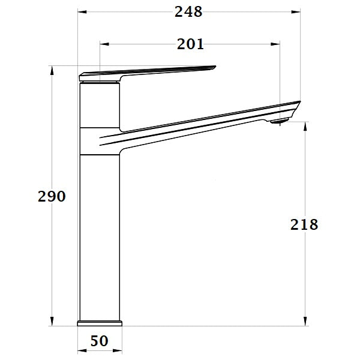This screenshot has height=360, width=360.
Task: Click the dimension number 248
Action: (189, 11)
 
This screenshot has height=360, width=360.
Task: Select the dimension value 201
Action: (190, 44)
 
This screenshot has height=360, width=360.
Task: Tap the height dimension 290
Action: (52, 196)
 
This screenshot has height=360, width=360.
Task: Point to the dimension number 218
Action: (304, 225)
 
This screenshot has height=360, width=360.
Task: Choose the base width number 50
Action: (100, 341)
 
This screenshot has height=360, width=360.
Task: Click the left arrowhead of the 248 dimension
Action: (82, 11)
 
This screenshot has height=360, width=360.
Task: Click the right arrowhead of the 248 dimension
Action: (296, 11)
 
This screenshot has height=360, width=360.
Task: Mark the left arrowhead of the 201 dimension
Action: (103, 44)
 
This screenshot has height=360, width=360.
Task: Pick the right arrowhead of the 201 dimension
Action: (277, 44)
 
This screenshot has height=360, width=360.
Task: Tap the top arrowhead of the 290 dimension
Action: (52, 70)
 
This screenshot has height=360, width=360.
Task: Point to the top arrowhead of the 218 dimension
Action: (306, 125)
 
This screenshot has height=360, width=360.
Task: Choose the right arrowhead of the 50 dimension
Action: (119, 349)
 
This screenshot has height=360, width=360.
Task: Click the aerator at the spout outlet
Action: (279, 122)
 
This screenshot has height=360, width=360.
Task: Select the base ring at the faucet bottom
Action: (100, 323)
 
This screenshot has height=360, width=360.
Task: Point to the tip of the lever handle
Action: (213, 68)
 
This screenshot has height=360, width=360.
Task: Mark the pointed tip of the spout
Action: (298, 102)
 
